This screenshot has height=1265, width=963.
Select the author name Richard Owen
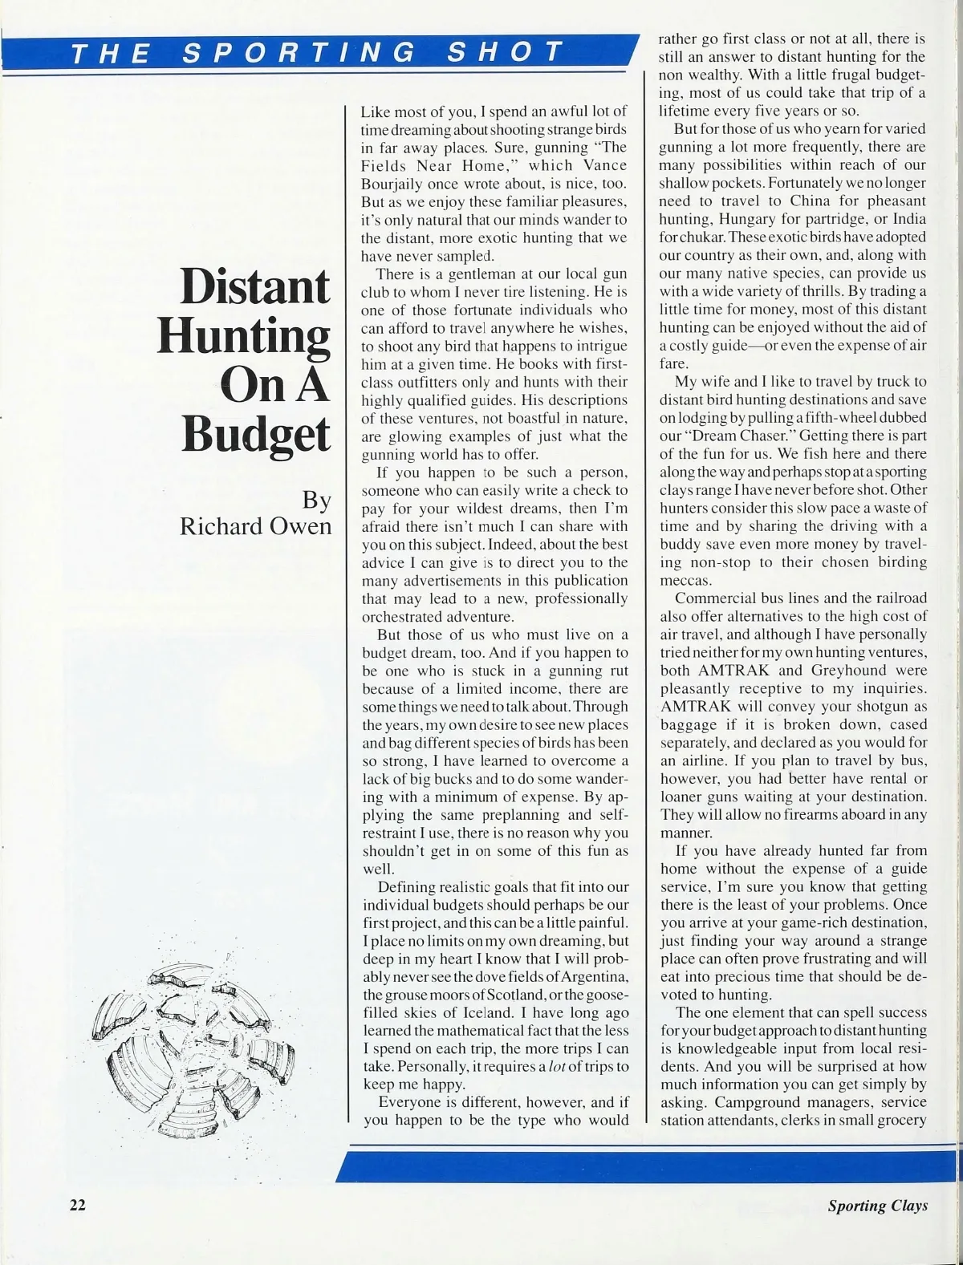(255, 526)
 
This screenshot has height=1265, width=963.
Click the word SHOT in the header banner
(505, 54)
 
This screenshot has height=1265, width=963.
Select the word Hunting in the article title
(243, 337)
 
